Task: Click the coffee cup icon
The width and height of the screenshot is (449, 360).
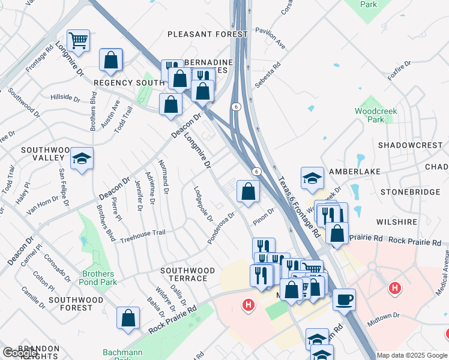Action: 344,299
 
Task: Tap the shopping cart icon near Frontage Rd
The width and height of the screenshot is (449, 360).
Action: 78,40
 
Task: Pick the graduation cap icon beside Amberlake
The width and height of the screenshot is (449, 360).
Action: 312,178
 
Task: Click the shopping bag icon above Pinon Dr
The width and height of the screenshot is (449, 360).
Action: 249,192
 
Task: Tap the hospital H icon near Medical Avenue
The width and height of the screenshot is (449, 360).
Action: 394,289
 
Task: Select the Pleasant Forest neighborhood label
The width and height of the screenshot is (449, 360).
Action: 207,34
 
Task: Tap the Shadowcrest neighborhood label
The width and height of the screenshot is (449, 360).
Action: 409,145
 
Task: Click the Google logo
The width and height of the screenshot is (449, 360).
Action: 20,353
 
